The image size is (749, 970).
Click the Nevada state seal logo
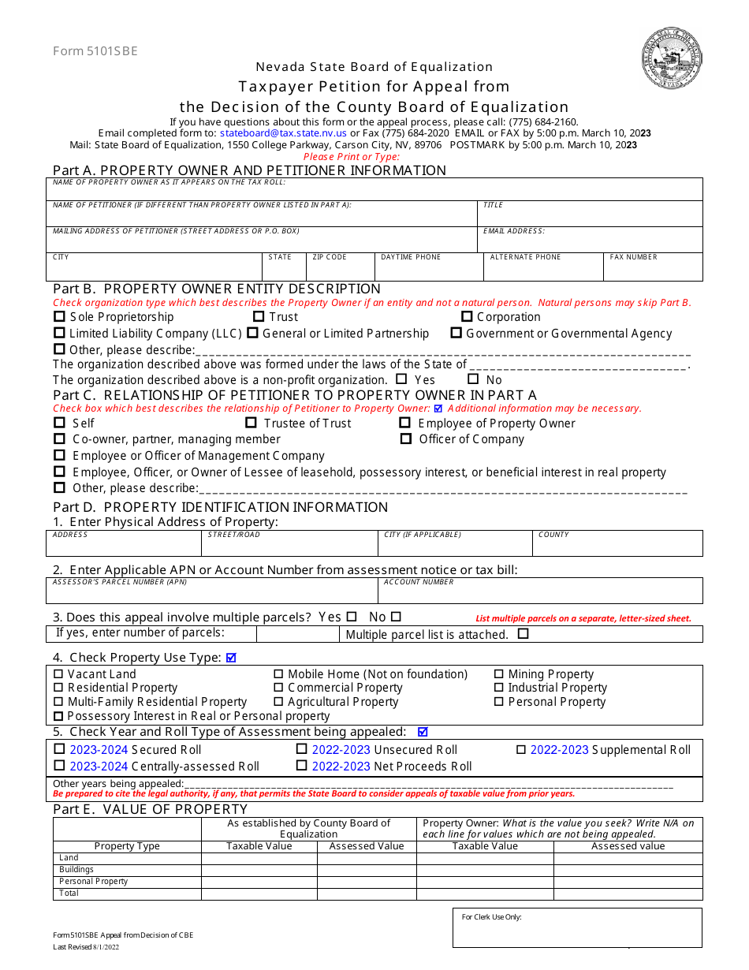(x=671, y=58)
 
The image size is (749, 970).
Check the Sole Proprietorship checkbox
(x=59, y=317)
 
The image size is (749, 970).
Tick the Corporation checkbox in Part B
(x=467, y=317)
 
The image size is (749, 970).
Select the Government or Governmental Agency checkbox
(x=456, y=334)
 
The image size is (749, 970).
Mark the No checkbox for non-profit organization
(x=473, y=379)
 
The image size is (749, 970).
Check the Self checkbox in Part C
(x=59, y=423)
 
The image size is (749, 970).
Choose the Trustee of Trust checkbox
(x=251, y=423)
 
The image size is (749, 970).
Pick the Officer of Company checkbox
(x=406, y=439)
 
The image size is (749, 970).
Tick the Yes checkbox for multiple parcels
(x=352, y=617)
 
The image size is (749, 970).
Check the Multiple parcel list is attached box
(x=524, y=633)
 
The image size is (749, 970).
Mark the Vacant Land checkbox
(x=58, y=674)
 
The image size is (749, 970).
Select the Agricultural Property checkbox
(x=278, y=702)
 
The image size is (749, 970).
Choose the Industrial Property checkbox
(x=499, y=688)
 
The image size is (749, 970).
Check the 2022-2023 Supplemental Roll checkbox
(x=521, y=750)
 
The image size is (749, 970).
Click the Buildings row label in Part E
(x=76, y=870)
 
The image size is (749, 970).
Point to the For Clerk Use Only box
(x=576, y=927)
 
